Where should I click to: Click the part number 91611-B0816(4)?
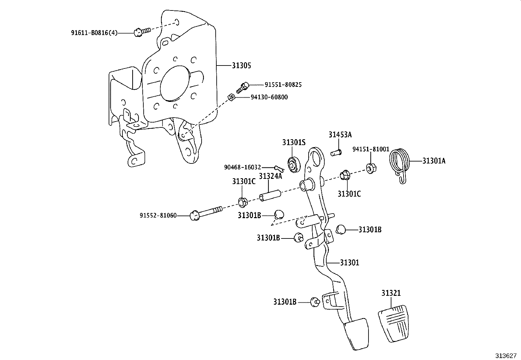click(x=94, y=33)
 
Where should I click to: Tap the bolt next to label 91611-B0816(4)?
click(x=141, y=31)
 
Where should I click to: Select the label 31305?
click(x=241, y=66)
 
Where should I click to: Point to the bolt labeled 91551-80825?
click(x=243, y=86)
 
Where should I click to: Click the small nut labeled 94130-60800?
click(x=230, y=97)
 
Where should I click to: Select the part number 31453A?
click(x=340, y=135)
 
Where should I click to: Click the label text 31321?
click(x=391, y=293)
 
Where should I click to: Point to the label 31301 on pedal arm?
click(x=349, y=262)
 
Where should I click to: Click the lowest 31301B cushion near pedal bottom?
click(x=315, y=302)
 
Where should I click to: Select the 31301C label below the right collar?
click(x=349, y=194)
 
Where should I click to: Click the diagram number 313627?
click(x=505, y=355)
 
